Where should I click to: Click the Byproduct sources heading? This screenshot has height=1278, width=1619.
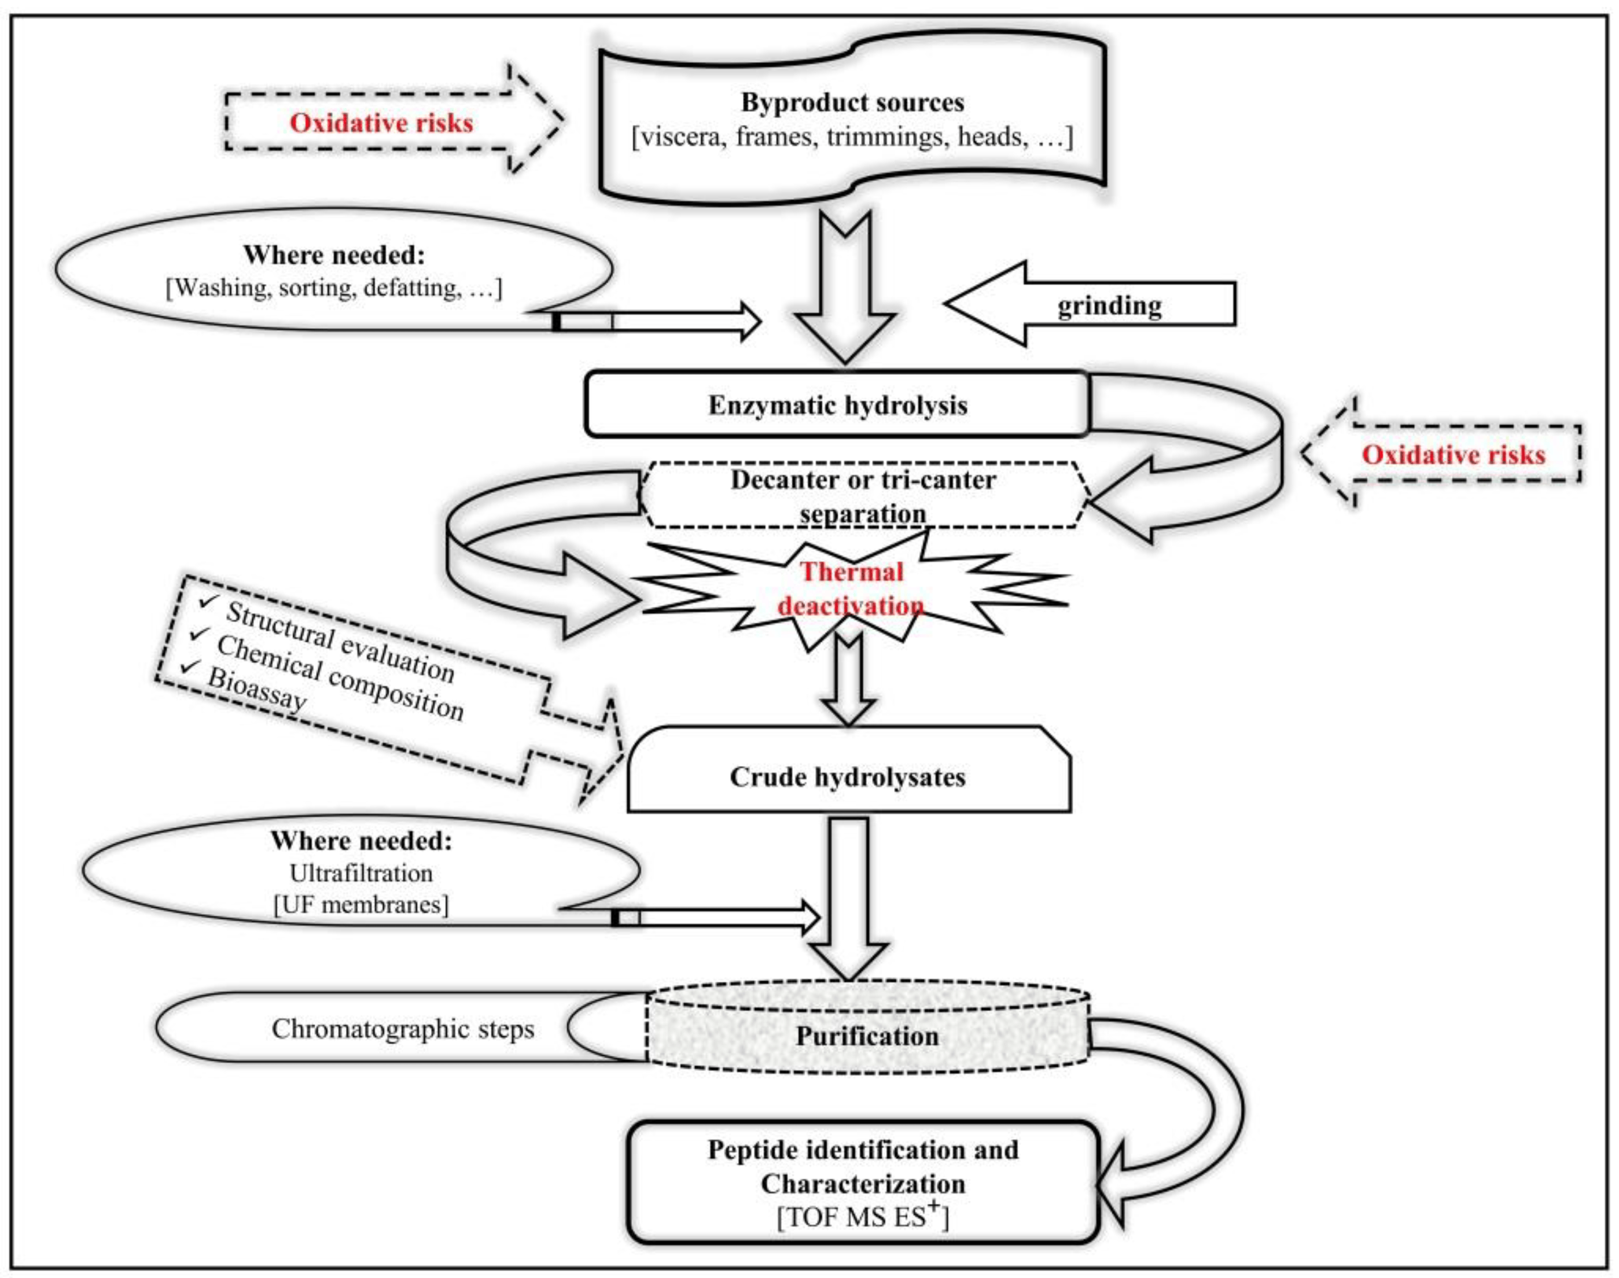(x=852, y=102)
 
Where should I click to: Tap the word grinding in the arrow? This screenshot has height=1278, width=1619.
(x=1109, y=305)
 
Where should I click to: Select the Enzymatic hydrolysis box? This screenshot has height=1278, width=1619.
(x=837, y=405)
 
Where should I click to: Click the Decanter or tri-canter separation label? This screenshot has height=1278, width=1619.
(x=863, y=496)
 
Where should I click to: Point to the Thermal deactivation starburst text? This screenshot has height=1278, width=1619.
(x=851, y=589)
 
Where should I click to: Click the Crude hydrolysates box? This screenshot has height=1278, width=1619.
(x=848, y=776)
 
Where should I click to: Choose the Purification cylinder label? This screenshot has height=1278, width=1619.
(x=866, y=1036)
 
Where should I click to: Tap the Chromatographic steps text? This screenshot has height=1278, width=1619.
(x=403, y=1029)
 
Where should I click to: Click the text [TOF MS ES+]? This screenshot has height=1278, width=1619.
(x=863, y=1217)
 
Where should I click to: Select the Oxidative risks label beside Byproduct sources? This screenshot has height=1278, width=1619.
(x=381, y=123)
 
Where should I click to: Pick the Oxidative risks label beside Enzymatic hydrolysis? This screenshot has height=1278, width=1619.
(x=1453, y=455)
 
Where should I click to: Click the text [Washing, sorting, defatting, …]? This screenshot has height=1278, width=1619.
(x=334, y=288)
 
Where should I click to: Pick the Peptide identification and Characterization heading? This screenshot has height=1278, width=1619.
(x=863, y=1166)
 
